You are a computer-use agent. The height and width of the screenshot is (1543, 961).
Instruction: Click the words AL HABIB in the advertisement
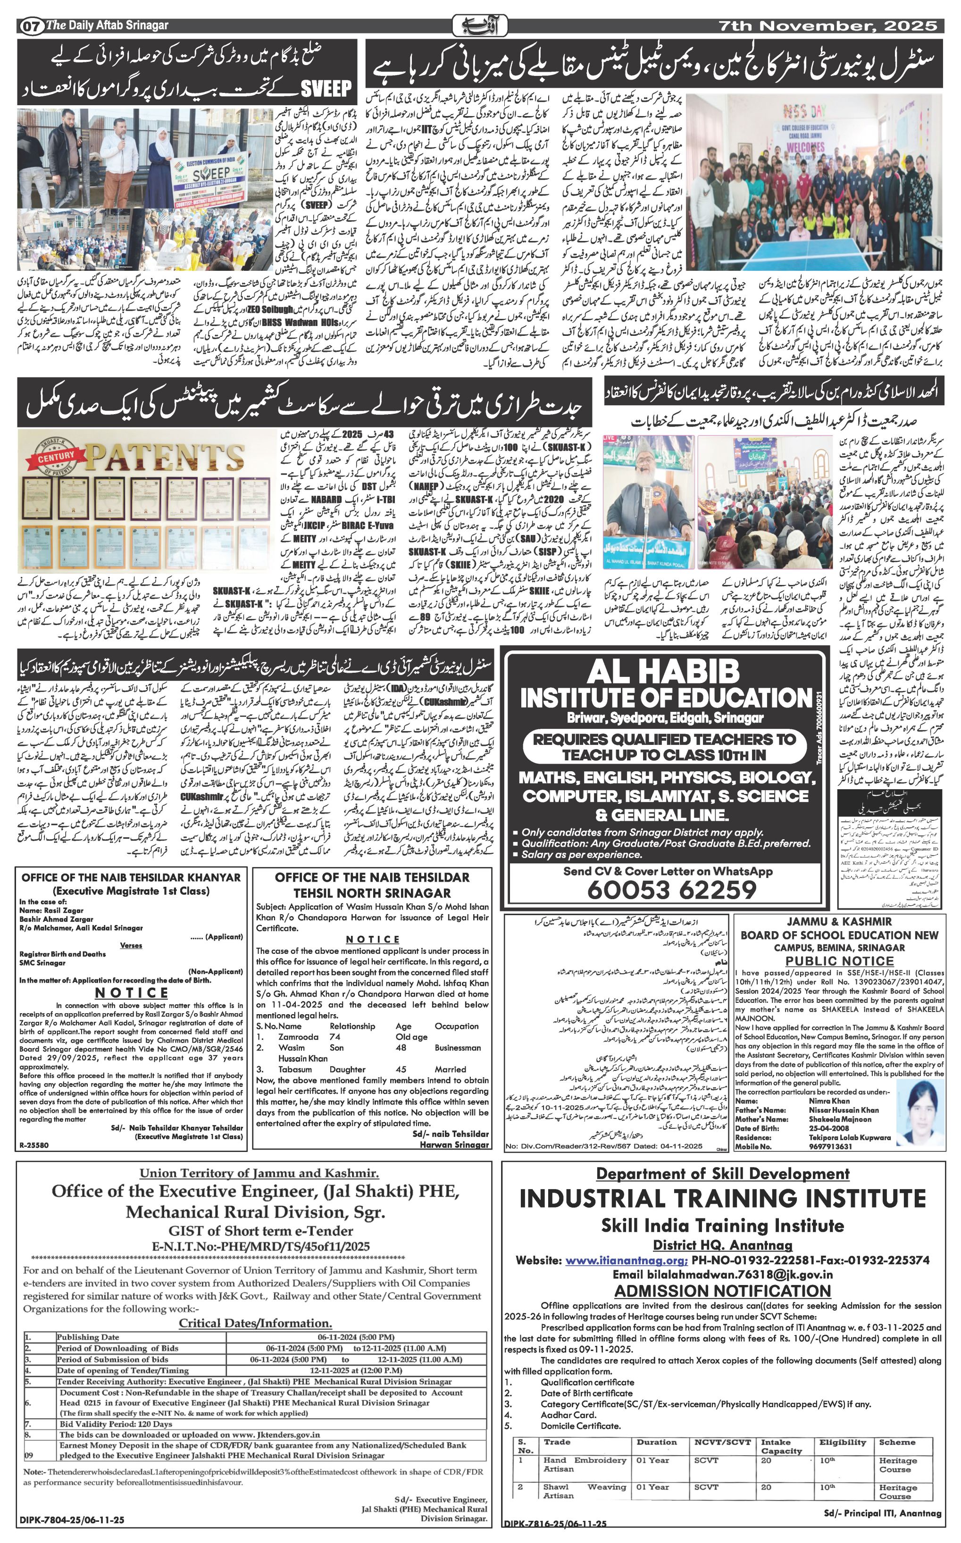click(668, 673)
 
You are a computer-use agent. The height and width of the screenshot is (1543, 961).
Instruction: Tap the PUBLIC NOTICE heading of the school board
click(839, 961)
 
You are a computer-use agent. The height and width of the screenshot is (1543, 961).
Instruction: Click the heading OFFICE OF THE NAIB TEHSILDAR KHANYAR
click(131, 877)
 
